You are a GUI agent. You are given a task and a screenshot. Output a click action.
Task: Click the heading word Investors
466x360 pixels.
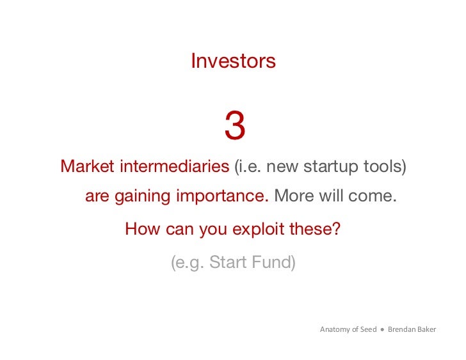(x=233, y=61)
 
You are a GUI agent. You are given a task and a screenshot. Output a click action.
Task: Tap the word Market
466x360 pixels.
(x=87, y=167)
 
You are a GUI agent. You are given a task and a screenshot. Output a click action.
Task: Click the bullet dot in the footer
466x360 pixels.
(x=382, y=330)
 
